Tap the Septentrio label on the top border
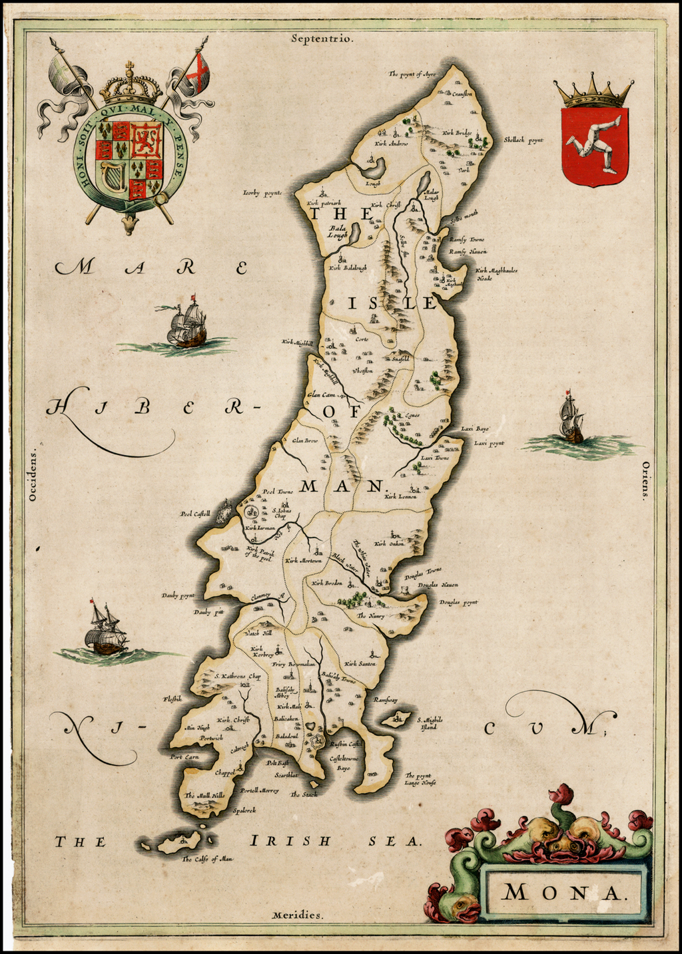(322, 38)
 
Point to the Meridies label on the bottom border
(298, 915)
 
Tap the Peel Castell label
(195, 514)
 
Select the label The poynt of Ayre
(412, 75)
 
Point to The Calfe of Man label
(207, 859)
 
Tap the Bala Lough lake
(355, 233)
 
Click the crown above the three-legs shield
(594, 94)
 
